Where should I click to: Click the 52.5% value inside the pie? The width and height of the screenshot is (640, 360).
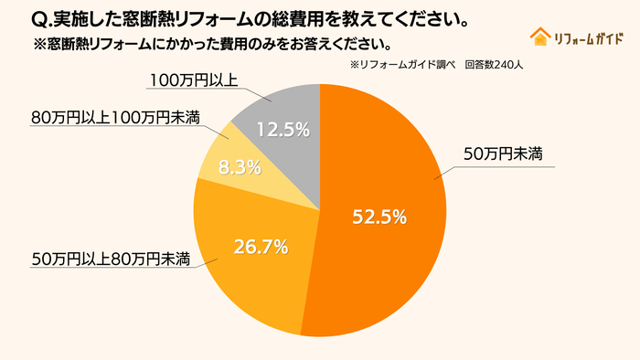379,217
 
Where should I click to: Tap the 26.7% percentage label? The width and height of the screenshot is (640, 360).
261,246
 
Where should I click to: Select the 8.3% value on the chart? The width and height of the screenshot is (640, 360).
241,167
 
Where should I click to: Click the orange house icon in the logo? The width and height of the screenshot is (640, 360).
539,37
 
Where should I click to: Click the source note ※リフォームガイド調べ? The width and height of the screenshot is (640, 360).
402,66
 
